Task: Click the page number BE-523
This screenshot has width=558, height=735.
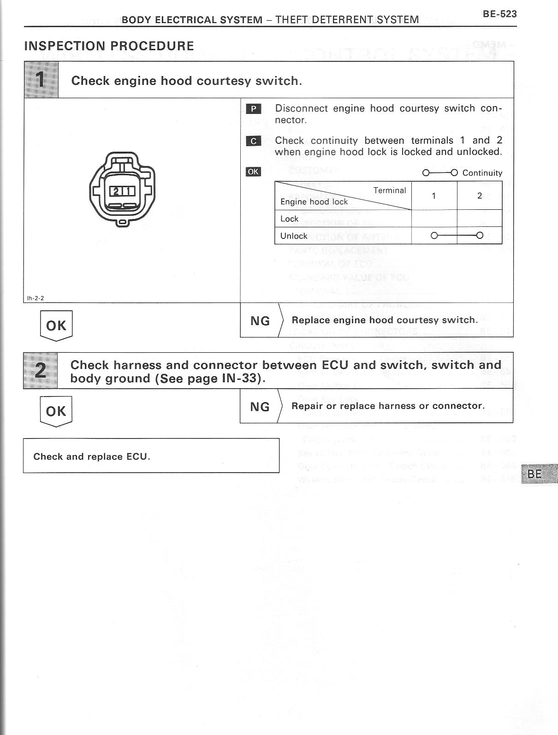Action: tap(500, 14)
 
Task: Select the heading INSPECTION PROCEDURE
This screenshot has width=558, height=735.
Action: tap(109, 46)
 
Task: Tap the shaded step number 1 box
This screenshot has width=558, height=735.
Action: tap(41, 79)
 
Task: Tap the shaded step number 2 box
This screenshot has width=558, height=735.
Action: tap(41, 371)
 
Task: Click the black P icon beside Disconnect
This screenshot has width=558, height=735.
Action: tap(253, 109)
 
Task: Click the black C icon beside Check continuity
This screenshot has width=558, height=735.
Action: tap(253, 141)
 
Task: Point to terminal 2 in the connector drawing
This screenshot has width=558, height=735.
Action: tap(116, 191)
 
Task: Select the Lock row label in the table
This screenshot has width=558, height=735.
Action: tap(289, 219)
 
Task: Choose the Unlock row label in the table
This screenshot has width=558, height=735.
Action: tap(294, 236)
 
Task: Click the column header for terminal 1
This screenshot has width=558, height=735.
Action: tap(433, 196)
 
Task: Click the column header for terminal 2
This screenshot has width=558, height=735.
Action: tap(480, 196)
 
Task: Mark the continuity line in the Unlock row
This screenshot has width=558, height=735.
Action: tap(457, 236)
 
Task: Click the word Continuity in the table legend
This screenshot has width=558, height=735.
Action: tap(482, 173)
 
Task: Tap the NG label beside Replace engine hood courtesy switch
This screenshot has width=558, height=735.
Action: tap(260, 320)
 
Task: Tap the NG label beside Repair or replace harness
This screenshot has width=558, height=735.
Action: tap(260, 406)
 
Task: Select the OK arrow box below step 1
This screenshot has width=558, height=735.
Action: tap(56, 326)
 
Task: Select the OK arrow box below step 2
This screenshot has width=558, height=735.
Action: tap(56, 411)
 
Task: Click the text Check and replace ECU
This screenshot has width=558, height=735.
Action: tap(92, 456)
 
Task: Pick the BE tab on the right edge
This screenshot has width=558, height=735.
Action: tap(537, 474)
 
